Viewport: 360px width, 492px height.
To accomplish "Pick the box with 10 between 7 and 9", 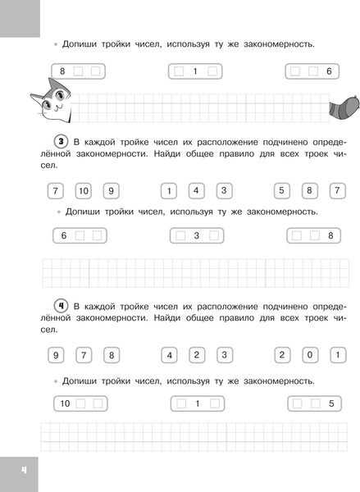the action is [x=83, y=191].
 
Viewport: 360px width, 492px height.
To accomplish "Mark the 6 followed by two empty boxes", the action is [x=62, y=236].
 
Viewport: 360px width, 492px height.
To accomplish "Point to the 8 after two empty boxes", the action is [x=330, y=236].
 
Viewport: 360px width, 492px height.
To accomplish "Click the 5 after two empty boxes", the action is [x=330, y=403].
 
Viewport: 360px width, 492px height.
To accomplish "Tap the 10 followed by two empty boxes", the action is [x=64, y=403].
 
